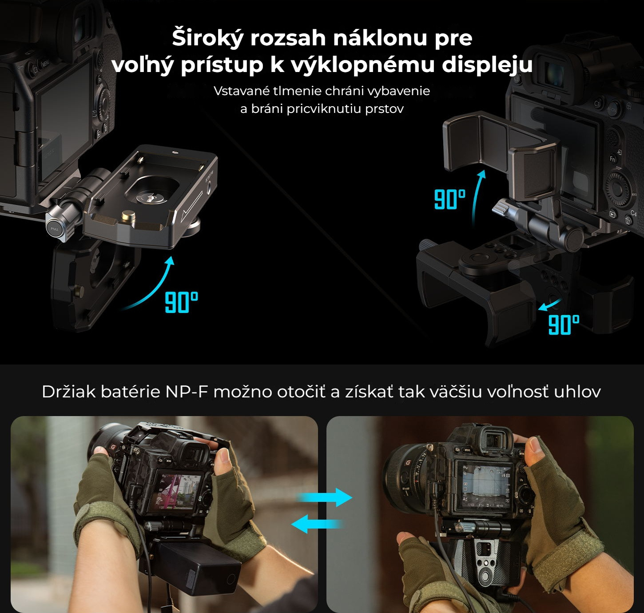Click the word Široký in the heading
[x=208, y=38]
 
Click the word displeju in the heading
[x=487, y=65]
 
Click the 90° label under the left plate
[x=182, y=302]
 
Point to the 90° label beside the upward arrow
[x=450, y=199]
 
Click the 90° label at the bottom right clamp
[x=564, y=325]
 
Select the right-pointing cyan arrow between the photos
[x=324, y=497]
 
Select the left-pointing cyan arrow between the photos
[x=317, y=524]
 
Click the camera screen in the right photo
[x=486, y=485]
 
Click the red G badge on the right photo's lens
[x=408, y=463]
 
